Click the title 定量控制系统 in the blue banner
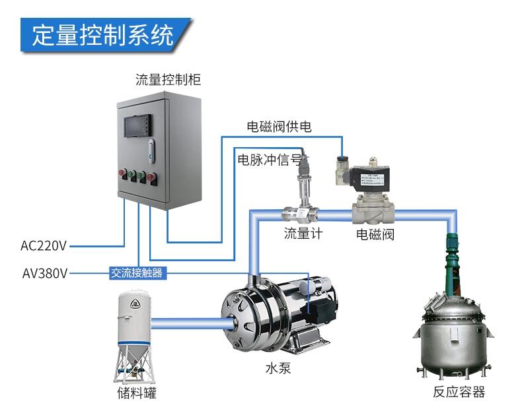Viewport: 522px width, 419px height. click(102, 34)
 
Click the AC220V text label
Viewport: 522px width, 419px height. click(44, 246)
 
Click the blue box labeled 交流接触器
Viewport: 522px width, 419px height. click(136, 272)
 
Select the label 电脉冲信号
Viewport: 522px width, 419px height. click(269, 160)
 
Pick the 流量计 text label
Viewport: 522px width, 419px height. click(303, 233)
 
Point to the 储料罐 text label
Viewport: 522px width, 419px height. click(136, 393)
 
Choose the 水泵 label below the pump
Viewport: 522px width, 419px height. click(278, 368)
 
